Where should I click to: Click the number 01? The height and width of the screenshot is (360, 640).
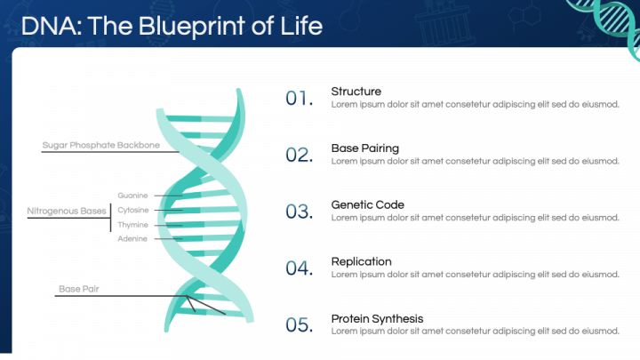(x=300, y=99)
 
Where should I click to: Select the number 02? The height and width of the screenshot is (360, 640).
(x=300, y=155)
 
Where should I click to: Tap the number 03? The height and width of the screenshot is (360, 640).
(x=300, y=212)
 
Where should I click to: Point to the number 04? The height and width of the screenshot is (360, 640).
(x=300, y=268)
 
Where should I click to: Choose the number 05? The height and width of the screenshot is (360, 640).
(x=300, y=325)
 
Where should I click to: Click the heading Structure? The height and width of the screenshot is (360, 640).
(x=356, y=92)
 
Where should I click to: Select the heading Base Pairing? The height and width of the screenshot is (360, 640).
(x=365, y=148)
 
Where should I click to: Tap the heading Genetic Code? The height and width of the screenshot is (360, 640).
(x=367, y=205)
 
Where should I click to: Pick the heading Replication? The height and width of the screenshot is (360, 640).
(x=361, y=262)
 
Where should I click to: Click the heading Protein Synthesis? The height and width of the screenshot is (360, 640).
(x=377, y=319)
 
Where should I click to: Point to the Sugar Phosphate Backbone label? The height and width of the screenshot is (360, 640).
(x=100, y=145)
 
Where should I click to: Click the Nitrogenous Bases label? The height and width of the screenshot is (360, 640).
(x=67, y=211)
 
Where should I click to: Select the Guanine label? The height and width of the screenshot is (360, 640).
(x=132, y=196)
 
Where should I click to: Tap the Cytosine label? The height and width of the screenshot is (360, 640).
(x=133, y=210)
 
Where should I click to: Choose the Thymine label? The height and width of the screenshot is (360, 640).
(x=132, y=225)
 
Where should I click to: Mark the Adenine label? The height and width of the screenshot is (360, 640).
(x=132, y=239)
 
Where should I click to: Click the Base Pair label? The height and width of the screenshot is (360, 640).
(x=79, y=289)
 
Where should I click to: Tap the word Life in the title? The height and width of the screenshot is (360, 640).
(x=301, y=26)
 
